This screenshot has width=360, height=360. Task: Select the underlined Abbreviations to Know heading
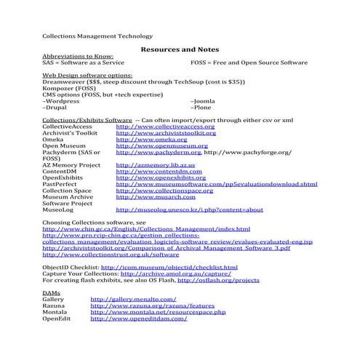pos(78,56)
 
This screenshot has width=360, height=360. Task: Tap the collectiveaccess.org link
pos(165,127)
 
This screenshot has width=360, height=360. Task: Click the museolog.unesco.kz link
pos(189,209)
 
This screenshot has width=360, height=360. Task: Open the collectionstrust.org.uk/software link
pos(111,255)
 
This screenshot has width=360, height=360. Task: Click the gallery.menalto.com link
pos(133,299)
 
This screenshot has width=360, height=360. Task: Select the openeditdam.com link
pos(138,319)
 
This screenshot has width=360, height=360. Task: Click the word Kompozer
pos(59,88)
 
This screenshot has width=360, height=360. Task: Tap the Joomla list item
pos(202,101)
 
